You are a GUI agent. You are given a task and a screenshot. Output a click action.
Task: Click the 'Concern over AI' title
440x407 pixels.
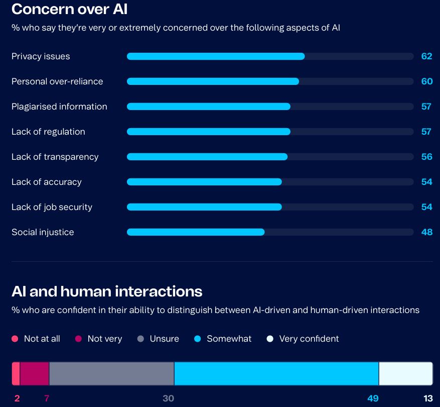[x=69, y=9]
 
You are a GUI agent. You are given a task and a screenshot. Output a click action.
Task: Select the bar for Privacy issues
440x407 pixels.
[x=216, y=56]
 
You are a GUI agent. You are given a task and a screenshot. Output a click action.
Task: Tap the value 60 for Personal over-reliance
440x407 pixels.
[x=426, y=81]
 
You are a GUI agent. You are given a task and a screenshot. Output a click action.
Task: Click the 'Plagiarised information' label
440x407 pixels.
[x=59, y=107]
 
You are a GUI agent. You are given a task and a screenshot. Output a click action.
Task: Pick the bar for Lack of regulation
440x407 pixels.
[x=209, y=132]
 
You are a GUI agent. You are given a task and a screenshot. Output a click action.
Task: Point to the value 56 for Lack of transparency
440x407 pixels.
[x=426, y=157]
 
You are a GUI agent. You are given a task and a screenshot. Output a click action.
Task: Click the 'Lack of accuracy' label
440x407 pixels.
[x=47, y=182]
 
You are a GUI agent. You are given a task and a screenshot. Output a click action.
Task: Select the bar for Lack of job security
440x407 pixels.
[x=204, y=207]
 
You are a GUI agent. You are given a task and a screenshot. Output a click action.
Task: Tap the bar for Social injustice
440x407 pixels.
[x=196, y=232]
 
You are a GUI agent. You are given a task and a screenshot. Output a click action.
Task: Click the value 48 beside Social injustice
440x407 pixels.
[x=426, y=232]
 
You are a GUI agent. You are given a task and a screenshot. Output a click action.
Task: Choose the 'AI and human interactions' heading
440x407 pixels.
[x=107, y=291]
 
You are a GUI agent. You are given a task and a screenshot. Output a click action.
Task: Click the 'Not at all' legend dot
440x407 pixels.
[x=15, y=339]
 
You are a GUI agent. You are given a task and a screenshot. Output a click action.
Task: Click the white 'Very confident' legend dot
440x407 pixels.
[x=270, y=339]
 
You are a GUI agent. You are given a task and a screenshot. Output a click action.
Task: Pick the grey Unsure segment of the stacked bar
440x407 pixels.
[x=111, y=373]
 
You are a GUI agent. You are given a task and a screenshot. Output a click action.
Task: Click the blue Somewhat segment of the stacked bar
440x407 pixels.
[x=276, y=373]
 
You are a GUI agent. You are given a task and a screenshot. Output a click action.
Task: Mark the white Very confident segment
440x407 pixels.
[x=405, y=373]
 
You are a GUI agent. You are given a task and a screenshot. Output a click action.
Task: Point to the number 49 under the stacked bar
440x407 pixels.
[x=373, y=398]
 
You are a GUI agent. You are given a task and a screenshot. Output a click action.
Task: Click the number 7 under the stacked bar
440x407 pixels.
[x=47, y=398]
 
